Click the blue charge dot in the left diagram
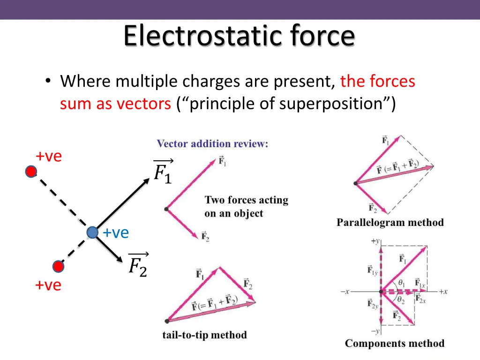[92, 232]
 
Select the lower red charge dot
[58, 267]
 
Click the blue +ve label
[116, 232]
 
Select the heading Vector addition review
[212, 144]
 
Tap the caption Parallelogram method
[390, 223]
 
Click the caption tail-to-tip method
[204, 335]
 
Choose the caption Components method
[394, 344]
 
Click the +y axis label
[375, 241]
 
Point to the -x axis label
[345, 292]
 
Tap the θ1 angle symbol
[401, 283]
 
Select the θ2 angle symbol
[400, 300]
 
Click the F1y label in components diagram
[373, 270]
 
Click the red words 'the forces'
[378, 82]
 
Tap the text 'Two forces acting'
[246, 200]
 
